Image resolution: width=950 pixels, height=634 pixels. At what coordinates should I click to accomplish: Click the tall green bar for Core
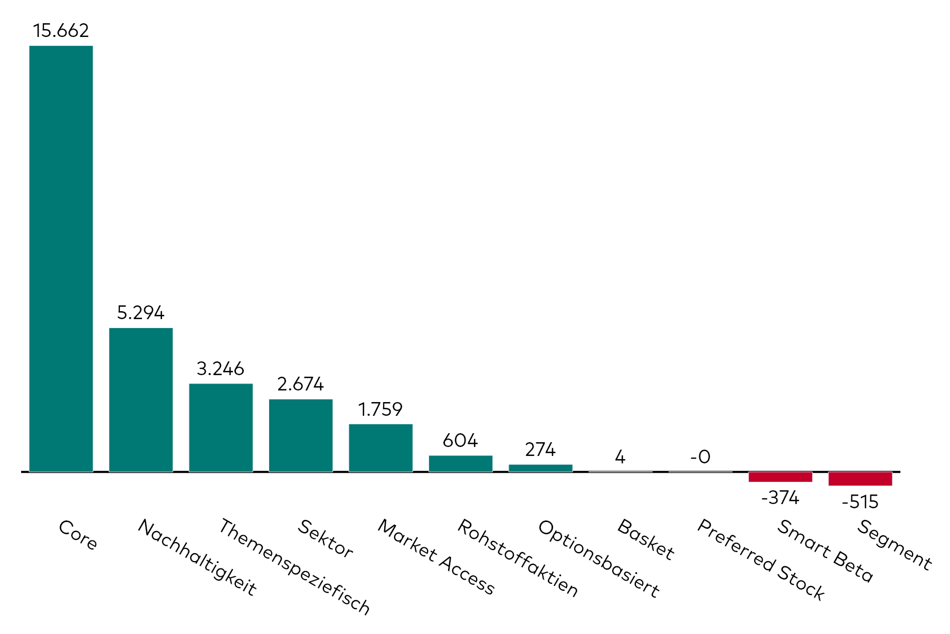point(61,259)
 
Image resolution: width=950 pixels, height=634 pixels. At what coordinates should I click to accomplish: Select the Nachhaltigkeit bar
point(141,399)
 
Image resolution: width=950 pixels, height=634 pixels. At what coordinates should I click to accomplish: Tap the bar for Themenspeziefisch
point(221,427)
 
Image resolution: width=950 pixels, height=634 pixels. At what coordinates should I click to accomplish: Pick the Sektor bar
point(301,435)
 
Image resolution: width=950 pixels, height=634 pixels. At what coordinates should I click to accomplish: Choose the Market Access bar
point(381,447)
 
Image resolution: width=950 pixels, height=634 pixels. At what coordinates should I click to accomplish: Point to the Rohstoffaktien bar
point(461,463)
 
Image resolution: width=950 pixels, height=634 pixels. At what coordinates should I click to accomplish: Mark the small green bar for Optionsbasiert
point(540,468)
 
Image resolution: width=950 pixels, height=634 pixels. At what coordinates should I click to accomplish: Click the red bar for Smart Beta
point(780,477)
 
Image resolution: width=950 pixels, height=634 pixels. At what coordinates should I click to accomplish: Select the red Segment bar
point(860,479)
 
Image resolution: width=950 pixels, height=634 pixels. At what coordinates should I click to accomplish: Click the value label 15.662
point(61,31)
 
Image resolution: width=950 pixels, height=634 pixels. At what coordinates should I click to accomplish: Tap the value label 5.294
point(141,313)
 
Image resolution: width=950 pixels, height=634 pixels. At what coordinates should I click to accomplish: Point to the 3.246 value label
point(221,368)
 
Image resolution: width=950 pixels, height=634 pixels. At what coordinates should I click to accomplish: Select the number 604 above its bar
point(461,440)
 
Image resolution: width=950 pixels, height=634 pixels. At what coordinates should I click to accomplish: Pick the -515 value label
point(860,501)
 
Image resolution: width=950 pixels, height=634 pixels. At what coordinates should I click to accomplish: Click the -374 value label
point(780,498)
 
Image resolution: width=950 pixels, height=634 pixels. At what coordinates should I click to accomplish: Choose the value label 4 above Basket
point(620,456)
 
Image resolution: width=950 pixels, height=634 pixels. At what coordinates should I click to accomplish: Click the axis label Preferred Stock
point(761,560)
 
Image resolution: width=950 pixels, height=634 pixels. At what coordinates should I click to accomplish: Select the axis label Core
point(78,535)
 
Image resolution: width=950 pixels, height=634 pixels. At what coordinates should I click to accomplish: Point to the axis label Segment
point(895,544)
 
